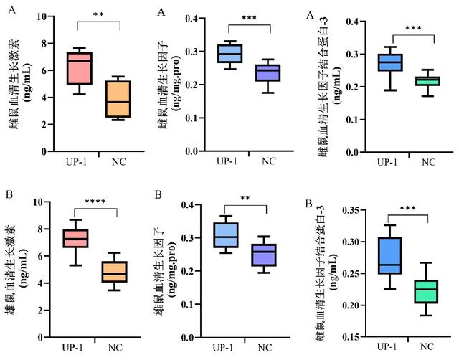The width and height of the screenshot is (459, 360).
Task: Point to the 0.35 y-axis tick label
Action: coord(329,210)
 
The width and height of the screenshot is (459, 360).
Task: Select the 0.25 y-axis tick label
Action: coord(329,274)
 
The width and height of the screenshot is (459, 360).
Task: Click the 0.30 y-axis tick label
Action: coord(329,242)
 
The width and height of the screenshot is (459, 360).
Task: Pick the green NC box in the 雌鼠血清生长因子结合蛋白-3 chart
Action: coord(429,81)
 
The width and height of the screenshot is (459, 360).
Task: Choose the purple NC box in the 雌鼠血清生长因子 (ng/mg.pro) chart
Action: coord(268,72)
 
